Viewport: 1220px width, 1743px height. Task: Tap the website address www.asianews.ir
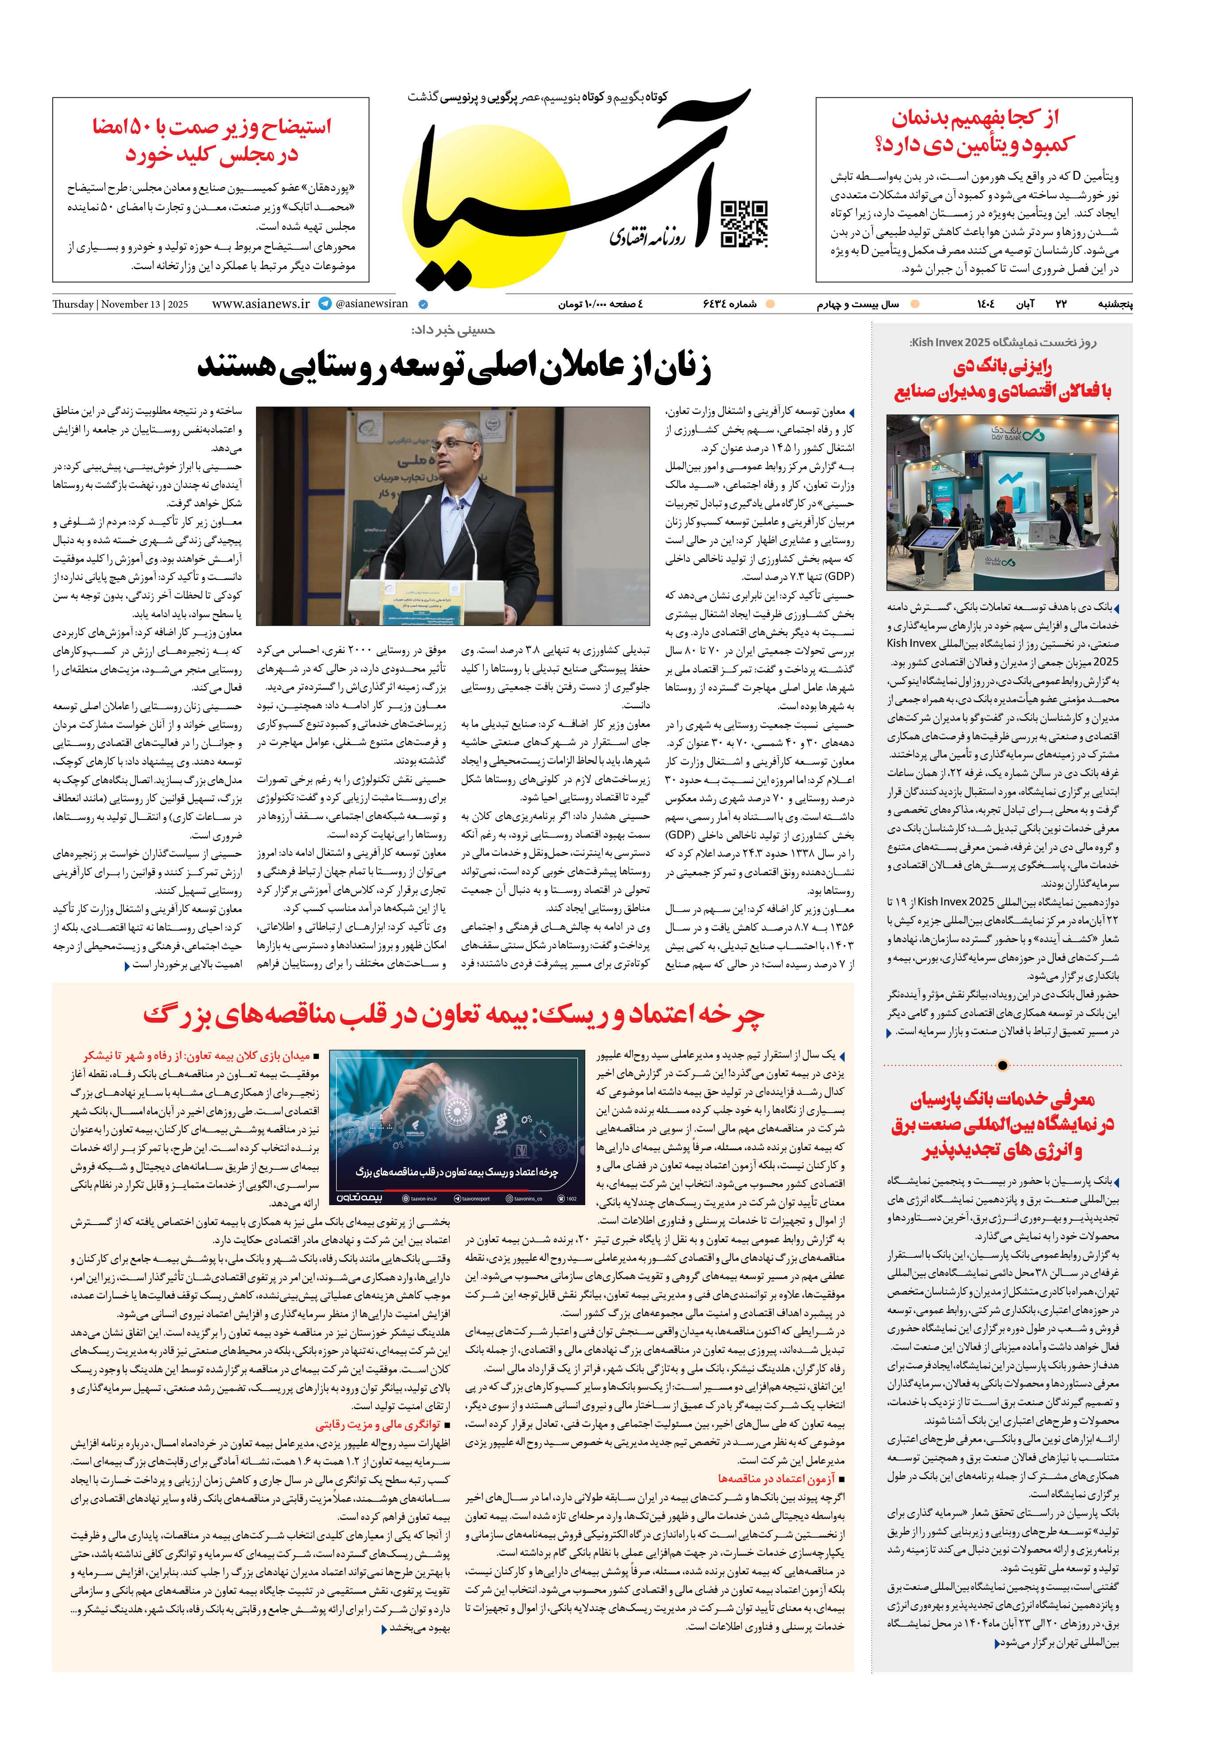click(260, 304)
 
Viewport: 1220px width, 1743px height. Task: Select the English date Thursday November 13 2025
click(120, 305)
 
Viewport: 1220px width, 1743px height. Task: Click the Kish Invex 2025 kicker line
click(1002, 342)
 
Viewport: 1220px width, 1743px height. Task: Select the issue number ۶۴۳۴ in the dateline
click(729, 304)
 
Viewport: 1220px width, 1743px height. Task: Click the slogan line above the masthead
click(537, 97)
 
